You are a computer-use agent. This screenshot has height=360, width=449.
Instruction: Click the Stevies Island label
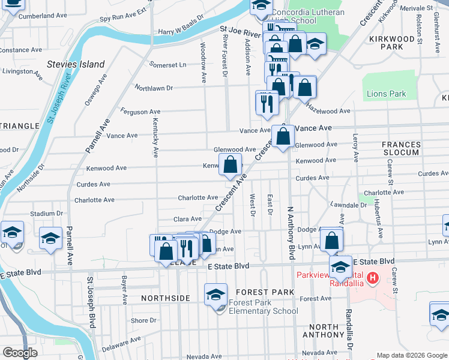pos(76,64)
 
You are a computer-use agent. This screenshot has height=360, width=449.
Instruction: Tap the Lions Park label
pos(386,94)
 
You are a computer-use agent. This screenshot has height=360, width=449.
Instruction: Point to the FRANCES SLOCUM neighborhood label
pos(401,148)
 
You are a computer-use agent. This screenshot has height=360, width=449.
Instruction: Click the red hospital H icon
pos(373,278)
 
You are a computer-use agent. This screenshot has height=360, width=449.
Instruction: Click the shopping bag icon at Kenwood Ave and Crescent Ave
pos(231,164)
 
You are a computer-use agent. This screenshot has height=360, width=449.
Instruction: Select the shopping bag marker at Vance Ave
pos(283,136)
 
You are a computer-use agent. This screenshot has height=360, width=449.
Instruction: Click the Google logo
pos(20,353)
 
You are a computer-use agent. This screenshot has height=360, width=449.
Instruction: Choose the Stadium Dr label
pos(47,213)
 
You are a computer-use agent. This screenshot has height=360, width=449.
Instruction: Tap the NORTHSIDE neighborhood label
pos(166,298)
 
